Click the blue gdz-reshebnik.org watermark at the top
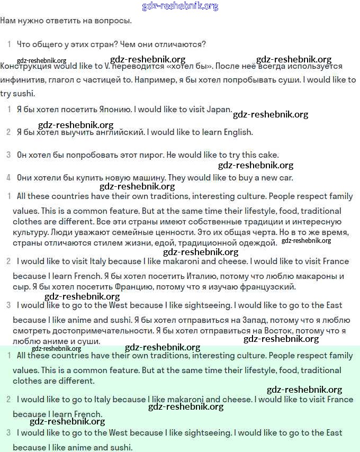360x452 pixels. [180, 6]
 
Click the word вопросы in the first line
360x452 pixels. [113, 21]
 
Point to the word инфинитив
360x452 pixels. [22, 80]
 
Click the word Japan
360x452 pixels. [219, 110]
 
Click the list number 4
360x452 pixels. [8, 178]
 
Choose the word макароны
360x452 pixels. [311, 276]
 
